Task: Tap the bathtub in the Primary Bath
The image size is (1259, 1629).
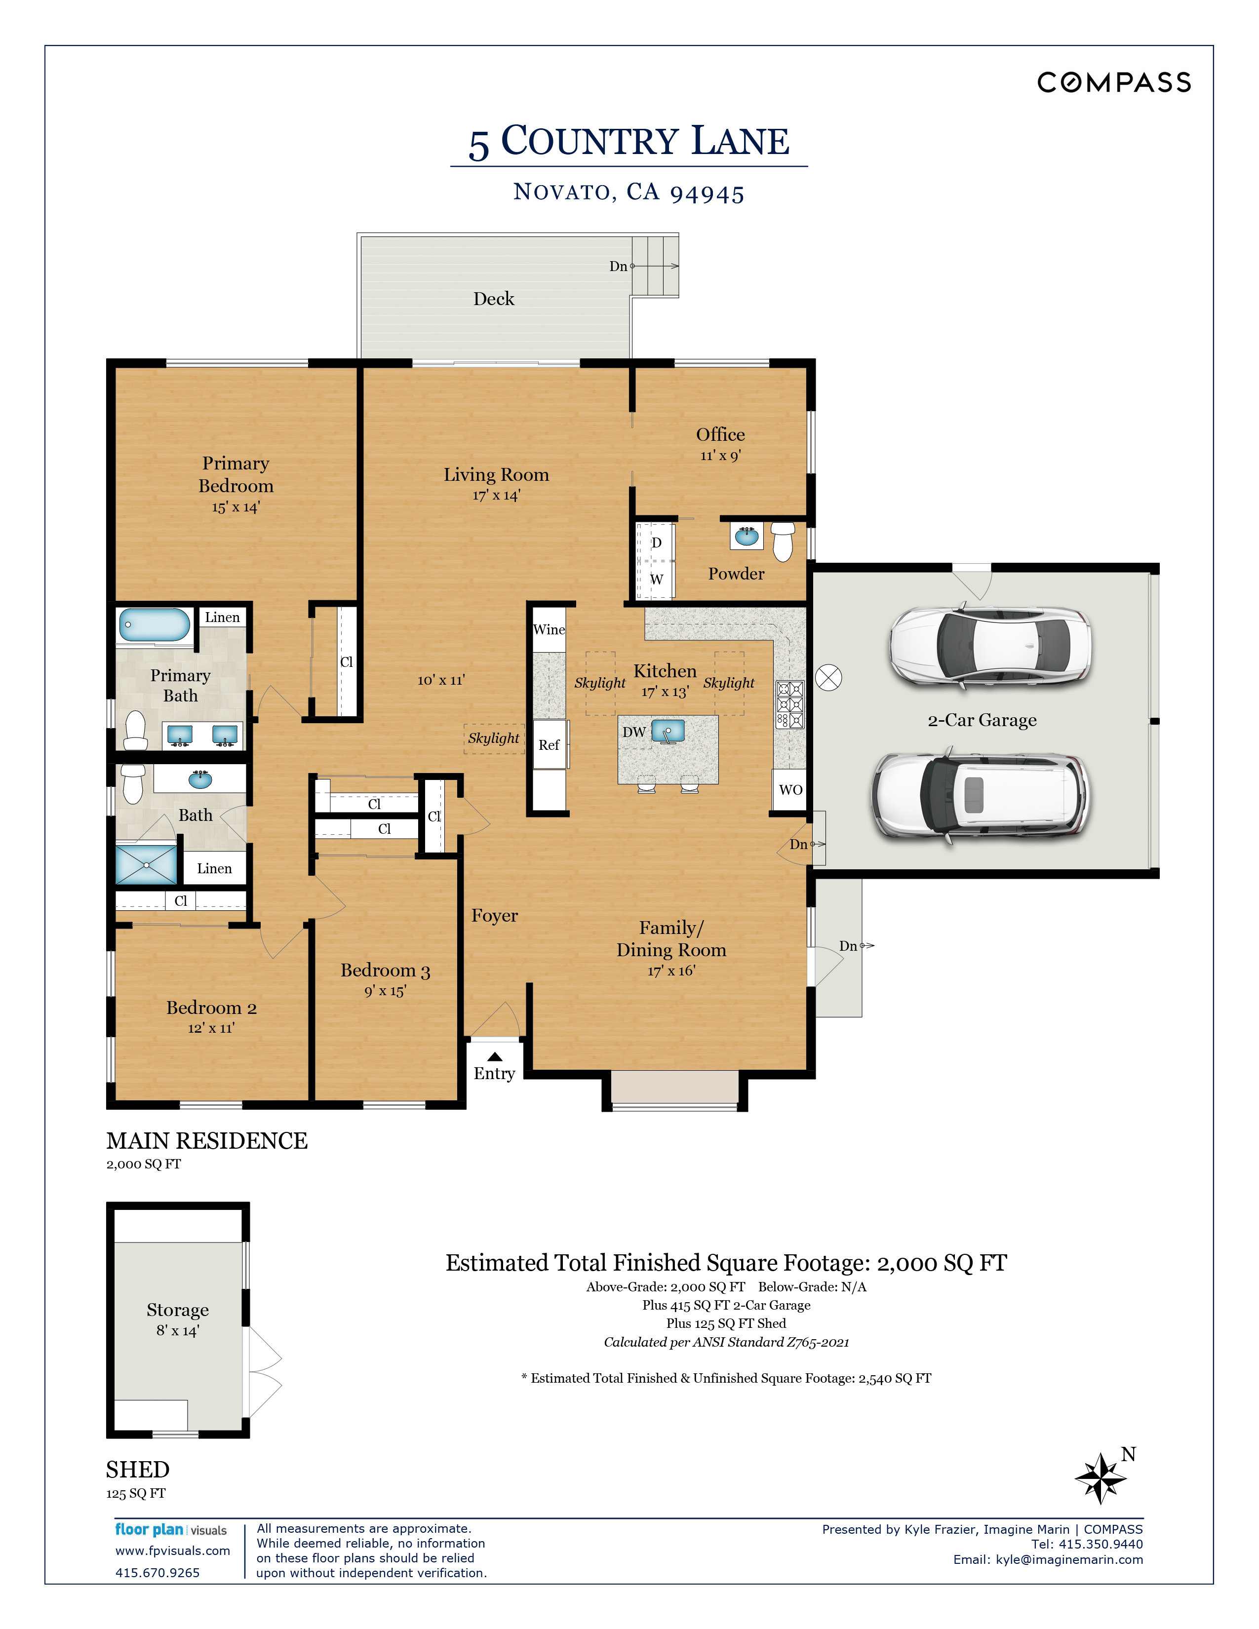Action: (x=155, y=625)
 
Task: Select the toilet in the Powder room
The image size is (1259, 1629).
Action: (x=783, y=541)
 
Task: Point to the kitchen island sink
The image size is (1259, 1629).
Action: (x=669, y=731)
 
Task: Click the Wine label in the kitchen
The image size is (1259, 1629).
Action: (x=549, y=629)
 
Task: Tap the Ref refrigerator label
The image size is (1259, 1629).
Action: (x=549, y=744)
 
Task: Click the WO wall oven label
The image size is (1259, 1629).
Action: (x=790, y=790)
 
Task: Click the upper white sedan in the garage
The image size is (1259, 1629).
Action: (x=990, y=644)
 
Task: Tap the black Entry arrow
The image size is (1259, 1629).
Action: (x=495, y=1056)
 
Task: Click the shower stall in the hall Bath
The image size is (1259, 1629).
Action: (x=146, y=864)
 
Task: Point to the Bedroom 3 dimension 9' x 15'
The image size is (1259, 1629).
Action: (x=385, y=991)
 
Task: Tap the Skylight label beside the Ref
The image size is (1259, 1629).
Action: (x=494, y=738)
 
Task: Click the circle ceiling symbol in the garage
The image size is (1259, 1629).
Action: (x=828, y=677)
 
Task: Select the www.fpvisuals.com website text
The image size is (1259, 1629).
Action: (x=172, y=1551)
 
